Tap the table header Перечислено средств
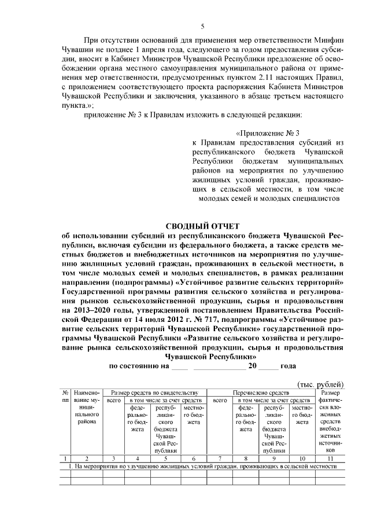(261, 393)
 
